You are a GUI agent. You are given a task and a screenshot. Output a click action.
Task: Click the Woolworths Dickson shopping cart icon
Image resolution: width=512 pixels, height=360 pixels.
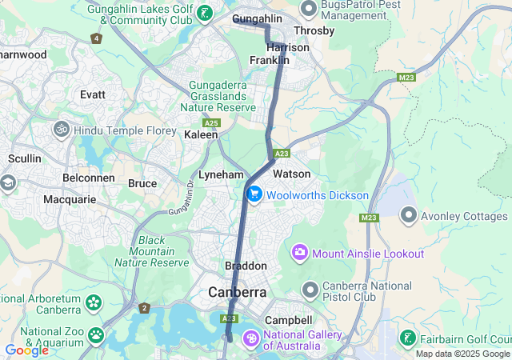click(x=254, y=194)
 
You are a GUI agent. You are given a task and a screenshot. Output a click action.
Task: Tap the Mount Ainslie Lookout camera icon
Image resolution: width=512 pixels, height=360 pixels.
click(x=300, y=254)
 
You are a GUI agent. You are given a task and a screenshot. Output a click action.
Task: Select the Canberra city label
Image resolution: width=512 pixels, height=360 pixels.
click(x=237, y=293)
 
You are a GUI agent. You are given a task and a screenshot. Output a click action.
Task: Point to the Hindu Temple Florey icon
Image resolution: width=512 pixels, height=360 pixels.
click(x=61, y=129)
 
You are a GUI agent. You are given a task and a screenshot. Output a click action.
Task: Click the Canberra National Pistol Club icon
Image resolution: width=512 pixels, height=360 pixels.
click(x=310, y=289)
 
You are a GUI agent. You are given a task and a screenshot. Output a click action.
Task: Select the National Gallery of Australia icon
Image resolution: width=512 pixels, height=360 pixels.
click(x=250, y=339)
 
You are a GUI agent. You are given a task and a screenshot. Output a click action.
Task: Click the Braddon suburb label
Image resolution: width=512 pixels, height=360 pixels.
click(x=246, y=266)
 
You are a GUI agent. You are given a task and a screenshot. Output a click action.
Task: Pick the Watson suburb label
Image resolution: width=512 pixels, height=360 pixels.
click(x=291, y=174)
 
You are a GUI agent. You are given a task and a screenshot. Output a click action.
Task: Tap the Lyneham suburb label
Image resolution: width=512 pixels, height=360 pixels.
click(x=220, y=174)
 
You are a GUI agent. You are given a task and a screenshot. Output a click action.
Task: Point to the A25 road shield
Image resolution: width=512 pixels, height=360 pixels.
click(x=211, y=123)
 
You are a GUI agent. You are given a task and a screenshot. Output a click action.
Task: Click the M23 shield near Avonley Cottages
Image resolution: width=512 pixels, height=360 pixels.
click(x=368, y=218)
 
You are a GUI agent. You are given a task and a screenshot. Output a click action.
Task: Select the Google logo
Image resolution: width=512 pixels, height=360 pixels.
click(x=26, y=350)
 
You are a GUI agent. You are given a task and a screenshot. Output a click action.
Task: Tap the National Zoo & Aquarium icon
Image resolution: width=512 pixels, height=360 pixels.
click(x=96, y=334)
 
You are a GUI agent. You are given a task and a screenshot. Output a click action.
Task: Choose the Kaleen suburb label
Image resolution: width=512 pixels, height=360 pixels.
click(x=201, y=135)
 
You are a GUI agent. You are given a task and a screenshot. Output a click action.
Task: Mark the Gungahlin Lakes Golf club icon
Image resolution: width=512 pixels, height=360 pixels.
click(x=206, y=13)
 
